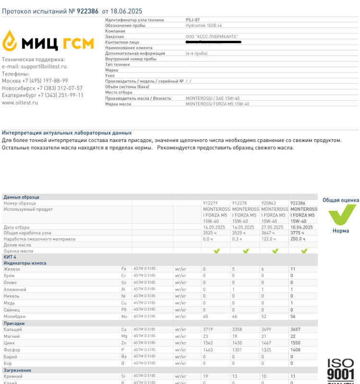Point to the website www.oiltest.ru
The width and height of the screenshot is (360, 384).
[x=20, y=103]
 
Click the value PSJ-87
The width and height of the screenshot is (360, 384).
[x=192, y=20]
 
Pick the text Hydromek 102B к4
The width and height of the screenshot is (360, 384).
[x=204, y=25]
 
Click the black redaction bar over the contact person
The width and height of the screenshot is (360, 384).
[x=214, y=42]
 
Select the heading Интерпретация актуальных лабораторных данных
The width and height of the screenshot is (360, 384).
[x=67, y=133]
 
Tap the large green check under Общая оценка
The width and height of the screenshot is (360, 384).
[x=341, y=214]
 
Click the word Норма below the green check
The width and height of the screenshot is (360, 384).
[x=341, y=231]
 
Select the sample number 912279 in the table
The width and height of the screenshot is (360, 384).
[x=211, y=204]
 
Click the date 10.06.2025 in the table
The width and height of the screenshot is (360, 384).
[x=301, y=227]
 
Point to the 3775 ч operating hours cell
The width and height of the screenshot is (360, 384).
[x=298, y=233]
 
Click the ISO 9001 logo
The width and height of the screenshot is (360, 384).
[x=341, y=370]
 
